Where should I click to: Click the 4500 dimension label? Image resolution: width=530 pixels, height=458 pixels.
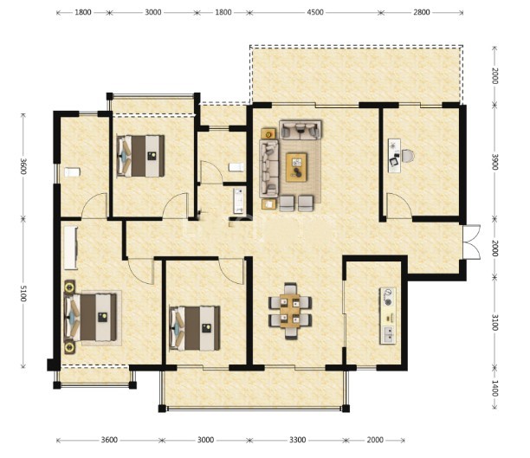pos(315,12)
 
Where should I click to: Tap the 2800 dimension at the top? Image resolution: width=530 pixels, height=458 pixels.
pos(422,12)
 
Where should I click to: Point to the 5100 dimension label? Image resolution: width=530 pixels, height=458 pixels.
pos(23,293)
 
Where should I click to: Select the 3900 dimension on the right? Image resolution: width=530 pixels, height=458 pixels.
pos(494,162)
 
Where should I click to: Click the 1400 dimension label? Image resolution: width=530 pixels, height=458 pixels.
pos(494,389)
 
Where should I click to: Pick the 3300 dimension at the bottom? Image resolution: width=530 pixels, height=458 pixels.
pos(297,440)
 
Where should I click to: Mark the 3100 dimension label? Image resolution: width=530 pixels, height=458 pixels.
pos(494,322)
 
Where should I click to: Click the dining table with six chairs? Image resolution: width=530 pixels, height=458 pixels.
pos(290,311)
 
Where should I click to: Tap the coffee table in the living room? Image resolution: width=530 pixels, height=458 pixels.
pos(296,167)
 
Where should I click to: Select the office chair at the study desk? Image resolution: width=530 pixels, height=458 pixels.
pos(408,156)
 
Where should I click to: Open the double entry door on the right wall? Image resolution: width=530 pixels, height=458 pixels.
pos(471,242)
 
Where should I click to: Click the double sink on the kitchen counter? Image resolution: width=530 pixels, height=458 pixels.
pos(388,335)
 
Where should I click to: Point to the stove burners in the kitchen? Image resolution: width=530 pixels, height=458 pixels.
pos(388,297)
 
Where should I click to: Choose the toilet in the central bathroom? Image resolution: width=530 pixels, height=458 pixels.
pos(236,167)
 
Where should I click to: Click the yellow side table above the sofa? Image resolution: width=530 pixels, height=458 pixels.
pos(268,134)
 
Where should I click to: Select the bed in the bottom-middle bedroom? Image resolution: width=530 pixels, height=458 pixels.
pos(195,328)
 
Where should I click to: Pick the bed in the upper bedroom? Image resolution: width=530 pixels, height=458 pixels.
pos(140,156)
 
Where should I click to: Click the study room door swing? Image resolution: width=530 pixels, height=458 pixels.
pos(399,205)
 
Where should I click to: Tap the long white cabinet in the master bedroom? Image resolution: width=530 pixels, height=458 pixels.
pos(71,248)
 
